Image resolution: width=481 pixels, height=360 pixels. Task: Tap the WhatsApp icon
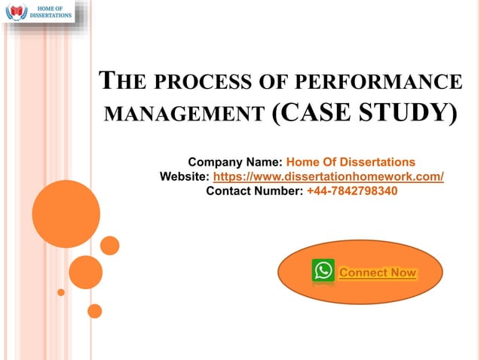pos(323,271)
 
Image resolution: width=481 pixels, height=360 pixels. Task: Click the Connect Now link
pos(378,273)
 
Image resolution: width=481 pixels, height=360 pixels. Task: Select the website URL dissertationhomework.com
pos(329,177)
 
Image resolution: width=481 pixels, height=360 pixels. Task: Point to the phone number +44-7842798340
pos(352,191)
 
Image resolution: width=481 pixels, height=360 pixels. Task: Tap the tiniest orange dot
pos(61,292)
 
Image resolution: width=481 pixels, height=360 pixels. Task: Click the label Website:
pos(185,177)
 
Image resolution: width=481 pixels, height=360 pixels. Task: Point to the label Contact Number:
pos(255,191)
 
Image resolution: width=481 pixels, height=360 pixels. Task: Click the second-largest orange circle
pos(85,272)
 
